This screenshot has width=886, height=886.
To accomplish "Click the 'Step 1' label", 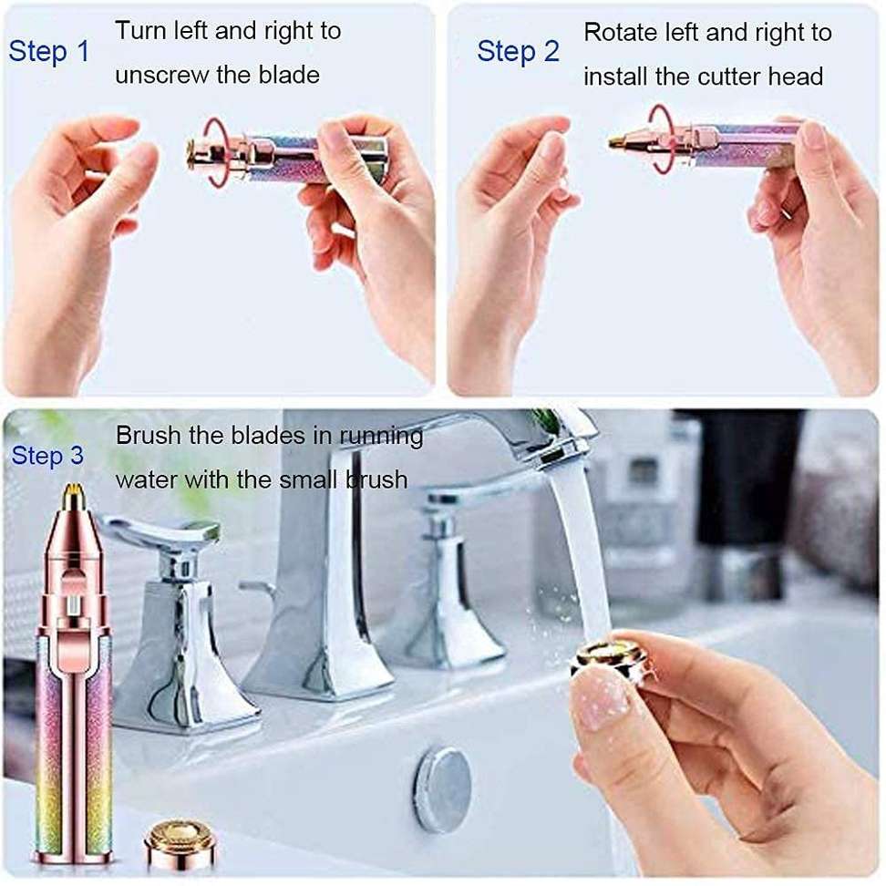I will (49, 51).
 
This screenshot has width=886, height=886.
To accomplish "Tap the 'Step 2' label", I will (518, 51).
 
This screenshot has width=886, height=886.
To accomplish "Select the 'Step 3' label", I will (46, 456).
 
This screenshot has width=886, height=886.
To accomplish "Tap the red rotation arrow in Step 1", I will (216, 151).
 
